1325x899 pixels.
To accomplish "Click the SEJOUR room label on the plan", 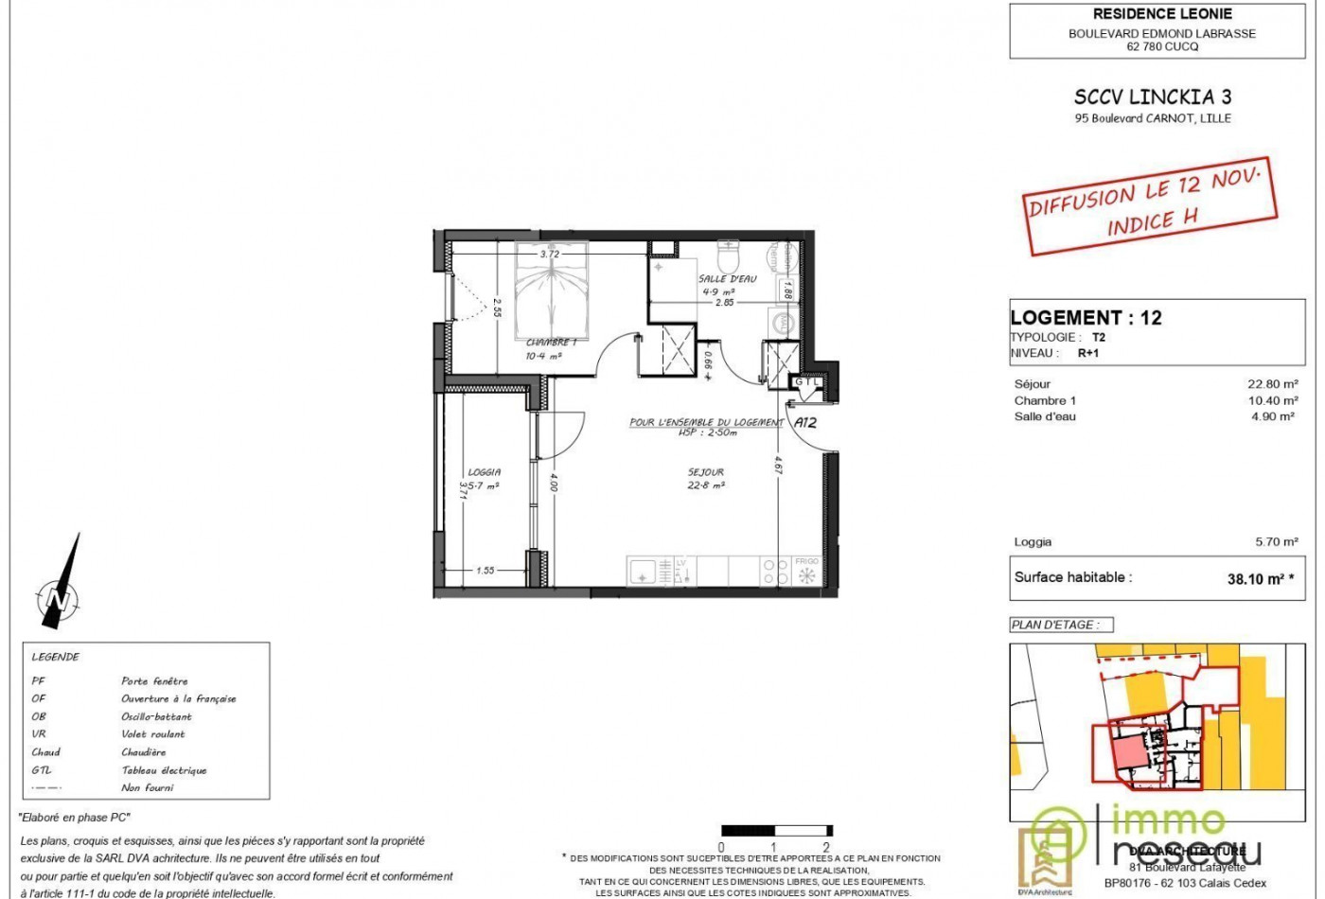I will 706,472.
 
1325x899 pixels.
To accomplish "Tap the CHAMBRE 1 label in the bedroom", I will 550,343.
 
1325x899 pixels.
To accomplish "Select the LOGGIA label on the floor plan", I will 484,472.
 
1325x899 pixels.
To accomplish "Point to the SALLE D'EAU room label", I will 727,279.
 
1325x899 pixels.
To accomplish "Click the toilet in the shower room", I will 729,256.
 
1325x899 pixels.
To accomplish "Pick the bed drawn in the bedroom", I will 552,289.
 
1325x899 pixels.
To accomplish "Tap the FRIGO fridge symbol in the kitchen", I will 807,572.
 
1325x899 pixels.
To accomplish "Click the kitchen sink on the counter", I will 642,572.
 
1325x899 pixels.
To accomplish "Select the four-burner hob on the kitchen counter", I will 776,572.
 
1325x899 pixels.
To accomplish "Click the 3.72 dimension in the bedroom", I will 549,254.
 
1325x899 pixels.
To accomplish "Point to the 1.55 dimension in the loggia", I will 485,571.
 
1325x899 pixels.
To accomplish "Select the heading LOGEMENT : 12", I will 1086,318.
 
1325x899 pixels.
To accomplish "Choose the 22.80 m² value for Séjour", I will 1272,384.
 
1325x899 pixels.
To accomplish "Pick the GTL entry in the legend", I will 40,770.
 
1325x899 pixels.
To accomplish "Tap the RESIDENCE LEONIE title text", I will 1162,14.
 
